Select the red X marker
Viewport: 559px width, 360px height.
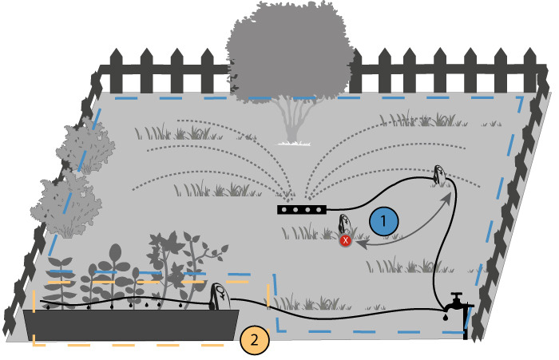[x=346, y=239]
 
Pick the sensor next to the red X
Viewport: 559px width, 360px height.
[x=346, y=225]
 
